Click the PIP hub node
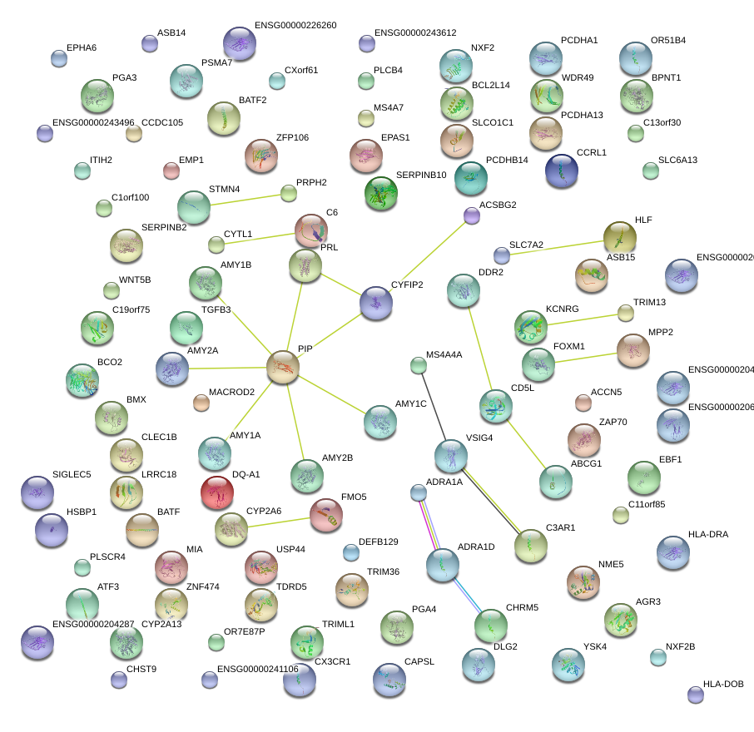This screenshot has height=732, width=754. (x=283, y=367)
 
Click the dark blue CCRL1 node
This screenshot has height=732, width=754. (x=561, y=170)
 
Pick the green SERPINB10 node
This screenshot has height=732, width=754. (x=381, y=193)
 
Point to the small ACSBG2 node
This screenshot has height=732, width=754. (x=472, y=216)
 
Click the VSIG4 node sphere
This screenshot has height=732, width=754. (x=450, y=456)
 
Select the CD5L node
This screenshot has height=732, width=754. (x=496, y=405)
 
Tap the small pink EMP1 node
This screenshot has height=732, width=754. (x=171, y=171)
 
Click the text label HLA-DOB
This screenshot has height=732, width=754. (x=723, y=685)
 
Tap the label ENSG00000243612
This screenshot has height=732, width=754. (x=415, y=33)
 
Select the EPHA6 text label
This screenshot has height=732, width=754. (x=82, y=47)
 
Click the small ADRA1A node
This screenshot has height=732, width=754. (x=419, y=493)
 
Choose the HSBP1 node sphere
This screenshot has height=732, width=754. (x=52, y=530)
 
